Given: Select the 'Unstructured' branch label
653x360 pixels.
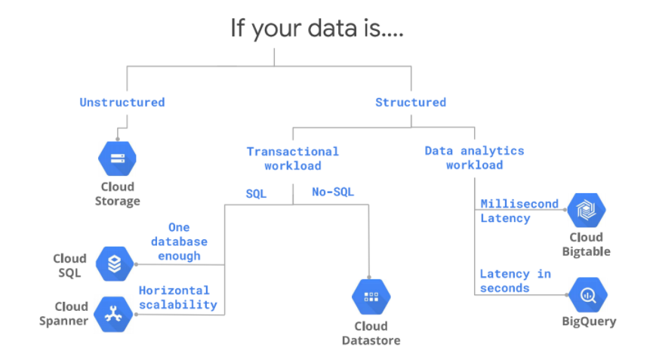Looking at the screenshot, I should (122, 102).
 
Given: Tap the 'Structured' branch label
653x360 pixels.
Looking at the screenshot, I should (411, 102).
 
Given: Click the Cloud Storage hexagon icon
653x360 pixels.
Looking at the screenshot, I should (117, 158).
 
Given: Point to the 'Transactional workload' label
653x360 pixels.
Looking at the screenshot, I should (293, 158).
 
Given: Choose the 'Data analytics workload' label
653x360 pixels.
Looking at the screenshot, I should (474, 158).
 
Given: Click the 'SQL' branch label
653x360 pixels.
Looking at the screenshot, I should (256, 193).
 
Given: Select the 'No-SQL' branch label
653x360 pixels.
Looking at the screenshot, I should (333, 192).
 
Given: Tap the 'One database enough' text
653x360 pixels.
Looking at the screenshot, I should (180, 242).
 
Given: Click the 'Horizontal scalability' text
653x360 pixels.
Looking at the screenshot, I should (177, 297).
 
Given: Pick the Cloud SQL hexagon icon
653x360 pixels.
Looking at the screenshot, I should (114, 264).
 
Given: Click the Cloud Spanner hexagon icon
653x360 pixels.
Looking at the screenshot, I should (114, 314).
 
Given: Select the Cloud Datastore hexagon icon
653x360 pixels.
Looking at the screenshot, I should (371, 297).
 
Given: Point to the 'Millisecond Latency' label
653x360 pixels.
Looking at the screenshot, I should (519, 211).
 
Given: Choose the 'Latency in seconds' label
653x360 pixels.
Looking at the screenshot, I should (515, 281).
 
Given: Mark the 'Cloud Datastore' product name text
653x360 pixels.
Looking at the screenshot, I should (371, 334).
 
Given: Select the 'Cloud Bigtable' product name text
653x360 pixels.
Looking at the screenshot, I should (586, 245).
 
